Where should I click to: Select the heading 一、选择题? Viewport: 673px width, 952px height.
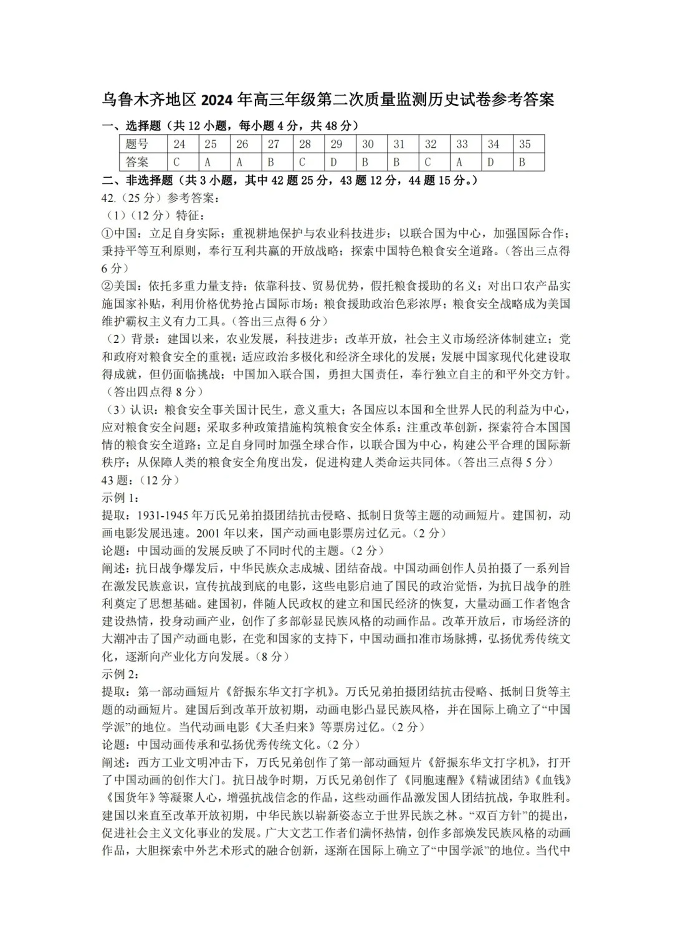pos(131,126)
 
